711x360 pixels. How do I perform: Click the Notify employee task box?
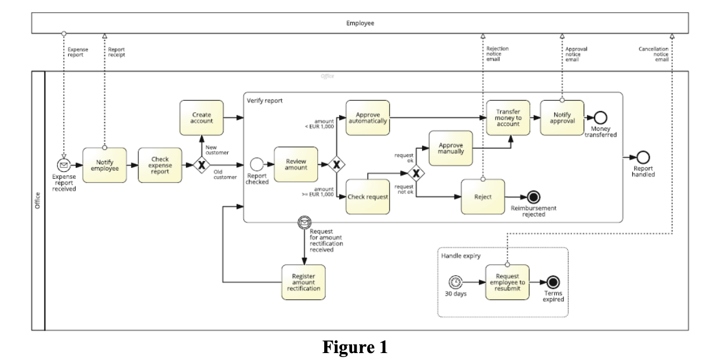[104, 165]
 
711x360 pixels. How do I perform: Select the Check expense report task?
[160, 165]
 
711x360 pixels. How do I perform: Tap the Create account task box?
[201, 118]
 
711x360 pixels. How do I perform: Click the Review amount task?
[295, 165]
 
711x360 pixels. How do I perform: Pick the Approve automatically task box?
[368, 118]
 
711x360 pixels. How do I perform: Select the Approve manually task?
[450, 148]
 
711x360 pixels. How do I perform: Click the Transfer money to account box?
[508, 118]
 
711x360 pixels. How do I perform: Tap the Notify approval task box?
[562, 118]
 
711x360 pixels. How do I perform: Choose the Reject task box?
[483, 197]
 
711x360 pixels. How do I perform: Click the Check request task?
[368, 197]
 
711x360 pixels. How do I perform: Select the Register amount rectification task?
[303, 282]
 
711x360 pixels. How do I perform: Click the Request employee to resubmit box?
[507, 282]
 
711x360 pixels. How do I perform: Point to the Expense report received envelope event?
[64, 165]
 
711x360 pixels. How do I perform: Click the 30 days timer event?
[456, 282]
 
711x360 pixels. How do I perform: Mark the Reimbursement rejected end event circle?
[529, 197]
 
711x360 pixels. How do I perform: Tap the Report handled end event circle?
[643, 157]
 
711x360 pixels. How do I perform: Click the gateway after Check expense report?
[201, 165]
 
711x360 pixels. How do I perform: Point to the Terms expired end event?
[553, 282]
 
